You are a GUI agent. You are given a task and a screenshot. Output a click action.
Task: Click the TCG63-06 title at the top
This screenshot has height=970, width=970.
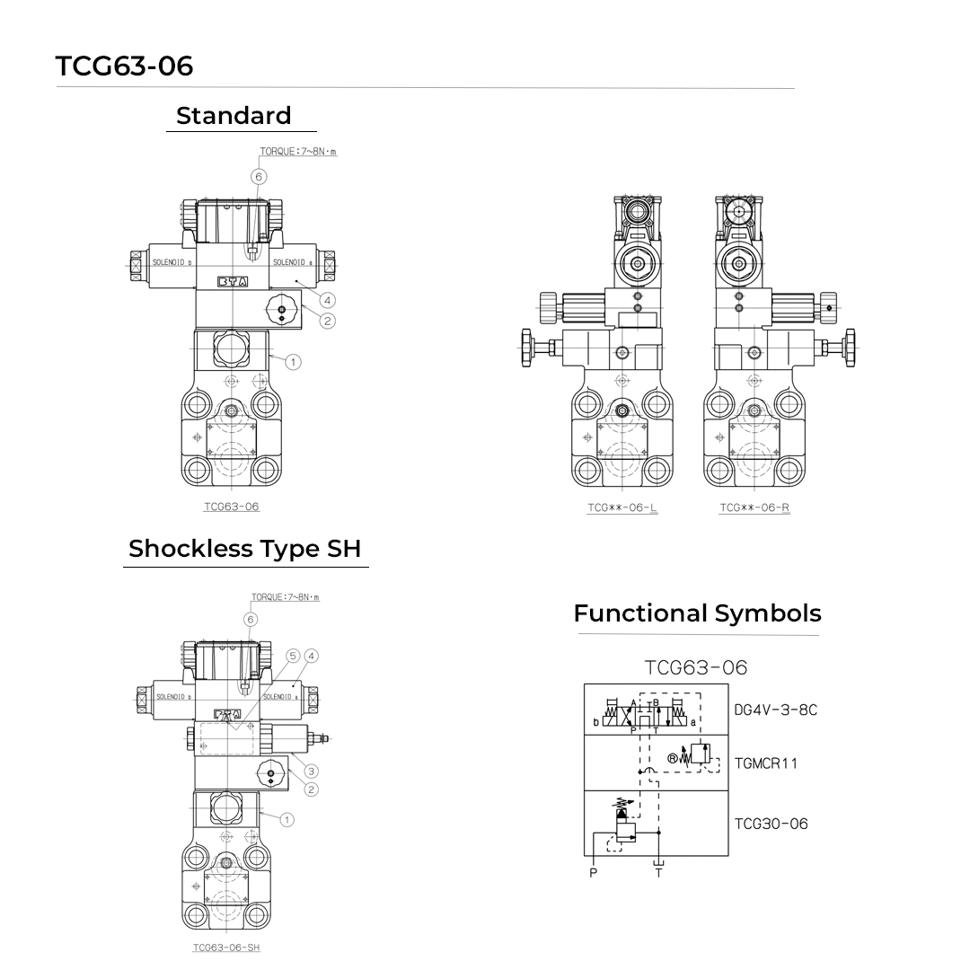coord(124,66)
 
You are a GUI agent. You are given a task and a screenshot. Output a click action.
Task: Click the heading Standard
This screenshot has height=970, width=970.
coord(234,116)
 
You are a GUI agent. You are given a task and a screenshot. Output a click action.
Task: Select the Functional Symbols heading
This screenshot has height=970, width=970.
coord(697,613)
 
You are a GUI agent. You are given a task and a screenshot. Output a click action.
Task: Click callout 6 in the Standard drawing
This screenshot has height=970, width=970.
coord(259,177)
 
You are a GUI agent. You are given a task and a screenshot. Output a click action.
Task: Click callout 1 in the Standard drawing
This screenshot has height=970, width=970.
coord(293,362)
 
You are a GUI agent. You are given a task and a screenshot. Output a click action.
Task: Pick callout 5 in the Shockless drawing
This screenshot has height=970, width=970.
coord(293,657)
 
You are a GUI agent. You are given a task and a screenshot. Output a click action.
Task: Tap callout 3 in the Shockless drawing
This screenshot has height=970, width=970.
coord(311,771)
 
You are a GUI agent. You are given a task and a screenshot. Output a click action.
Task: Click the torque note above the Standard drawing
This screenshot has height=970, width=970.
coord(298,152)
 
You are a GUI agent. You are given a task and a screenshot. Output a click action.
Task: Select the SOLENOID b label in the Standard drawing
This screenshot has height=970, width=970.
coord(172,263)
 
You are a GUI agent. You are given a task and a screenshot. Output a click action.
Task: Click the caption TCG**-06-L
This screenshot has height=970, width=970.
coord(622,508)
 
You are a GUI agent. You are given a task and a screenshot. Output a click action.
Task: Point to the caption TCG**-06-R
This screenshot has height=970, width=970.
coord(754,508)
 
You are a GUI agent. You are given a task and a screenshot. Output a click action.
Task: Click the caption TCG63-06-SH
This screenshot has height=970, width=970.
coord(226,947)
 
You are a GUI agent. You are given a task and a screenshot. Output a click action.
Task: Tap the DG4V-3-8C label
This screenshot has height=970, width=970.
coord(775,710)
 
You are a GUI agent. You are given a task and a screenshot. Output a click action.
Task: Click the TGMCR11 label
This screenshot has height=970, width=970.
coord(765,763)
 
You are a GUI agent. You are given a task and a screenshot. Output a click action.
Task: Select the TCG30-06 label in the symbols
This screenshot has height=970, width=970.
coord(771,824)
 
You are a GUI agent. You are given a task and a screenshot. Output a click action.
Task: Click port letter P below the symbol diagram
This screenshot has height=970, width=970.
coord(593,872)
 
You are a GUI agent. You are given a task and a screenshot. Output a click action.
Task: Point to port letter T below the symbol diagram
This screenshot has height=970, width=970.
coord(658,872)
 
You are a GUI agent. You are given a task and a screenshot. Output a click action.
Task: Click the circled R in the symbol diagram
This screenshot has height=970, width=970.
coord(673,758)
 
